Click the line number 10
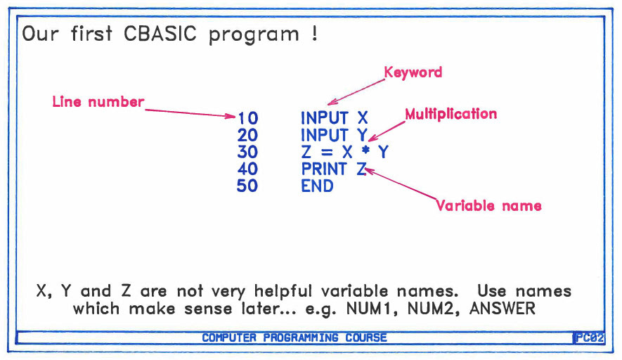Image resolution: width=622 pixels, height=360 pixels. pyautogui.click(x=247, y=118)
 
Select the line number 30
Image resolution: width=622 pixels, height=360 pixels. pyautogui.click(x=247, y=152)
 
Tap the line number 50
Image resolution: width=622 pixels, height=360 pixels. pyautogui.click(x=247, y=186)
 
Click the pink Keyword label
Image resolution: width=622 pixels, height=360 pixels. pyautogui.click(x=413, y=72)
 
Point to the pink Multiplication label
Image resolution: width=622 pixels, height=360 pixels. pyautogui.click(x=451, y=114)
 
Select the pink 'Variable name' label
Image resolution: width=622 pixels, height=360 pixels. pyautogui.click(x=489, y=206)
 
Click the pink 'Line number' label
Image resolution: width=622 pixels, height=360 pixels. pyautogui.click(x=98, y=102)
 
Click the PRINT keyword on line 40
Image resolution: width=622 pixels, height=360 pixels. pyautogui.click(x=324, y=169)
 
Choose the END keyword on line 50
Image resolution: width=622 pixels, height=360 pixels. pyautogui.click(x=317, y=186)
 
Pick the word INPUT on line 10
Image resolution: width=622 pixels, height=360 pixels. pyautogui.click(x=325, y=118)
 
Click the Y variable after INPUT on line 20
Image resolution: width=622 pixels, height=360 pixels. pyautogui.click(x=362, y=135)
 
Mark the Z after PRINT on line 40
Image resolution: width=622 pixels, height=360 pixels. pyautogui.click(x=361, y=169)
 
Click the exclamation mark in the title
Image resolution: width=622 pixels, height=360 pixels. pyautogui.click(x=312, y=34)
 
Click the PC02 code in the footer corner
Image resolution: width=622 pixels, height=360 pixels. pyautogui.click(x=590, y=337)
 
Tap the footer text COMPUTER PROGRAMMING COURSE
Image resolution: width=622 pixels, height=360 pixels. pyautogui.click(x=294, y=337)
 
